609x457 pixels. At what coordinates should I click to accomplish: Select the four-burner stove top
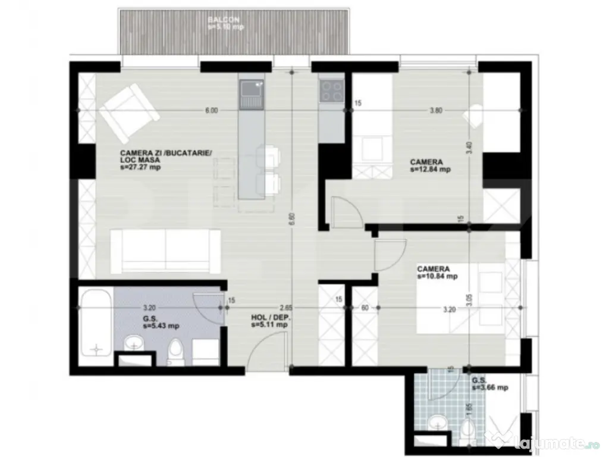click(331, 92)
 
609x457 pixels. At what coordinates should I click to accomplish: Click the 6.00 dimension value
click(212, 110)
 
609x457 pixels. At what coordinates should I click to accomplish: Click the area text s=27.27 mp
click(141, 168)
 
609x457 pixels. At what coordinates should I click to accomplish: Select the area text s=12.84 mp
click(430, 169)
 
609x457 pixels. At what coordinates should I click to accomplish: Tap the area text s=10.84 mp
click(437, 277)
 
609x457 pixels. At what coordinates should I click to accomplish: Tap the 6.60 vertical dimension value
click(292, 220)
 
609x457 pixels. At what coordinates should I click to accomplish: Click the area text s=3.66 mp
click(490, 387)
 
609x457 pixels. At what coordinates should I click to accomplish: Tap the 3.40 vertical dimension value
click(469, 146)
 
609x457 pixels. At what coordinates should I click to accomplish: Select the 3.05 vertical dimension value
click(469, 301)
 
